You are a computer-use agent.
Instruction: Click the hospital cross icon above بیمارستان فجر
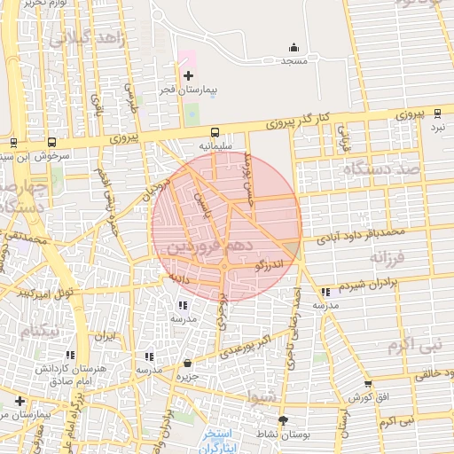188,77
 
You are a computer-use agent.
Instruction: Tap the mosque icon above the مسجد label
294,48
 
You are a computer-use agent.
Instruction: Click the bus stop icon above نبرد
437,113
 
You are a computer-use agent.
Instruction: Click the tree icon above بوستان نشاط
283,420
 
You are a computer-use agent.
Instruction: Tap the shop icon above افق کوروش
368,384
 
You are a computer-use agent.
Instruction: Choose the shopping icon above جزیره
187,363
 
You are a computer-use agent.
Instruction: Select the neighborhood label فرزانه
387,259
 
